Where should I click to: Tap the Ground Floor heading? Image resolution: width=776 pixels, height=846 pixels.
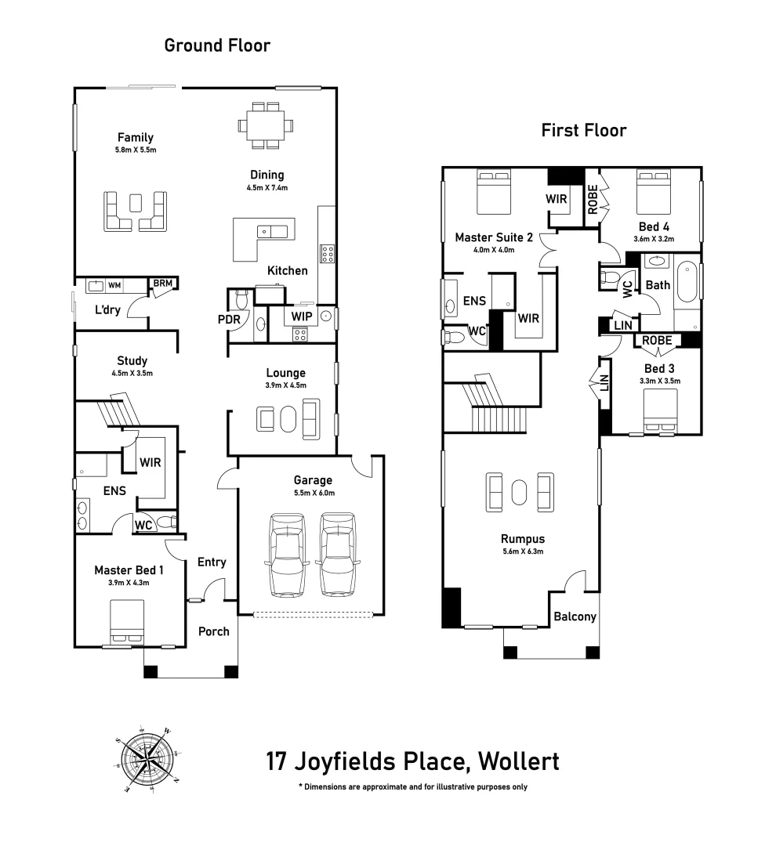pos(217,45)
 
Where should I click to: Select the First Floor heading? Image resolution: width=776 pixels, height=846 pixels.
pos(584,130)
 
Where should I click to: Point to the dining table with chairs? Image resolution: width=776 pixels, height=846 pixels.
pos(266,125)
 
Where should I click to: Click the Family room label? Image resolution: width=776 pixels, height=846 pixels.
pos(136,137)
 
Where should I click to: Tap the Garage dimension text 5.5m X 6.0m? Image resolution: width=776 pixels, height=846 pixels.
pos(313,493)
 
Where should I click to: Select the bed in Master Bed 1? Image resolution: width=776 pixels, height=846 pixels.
pos(126,622)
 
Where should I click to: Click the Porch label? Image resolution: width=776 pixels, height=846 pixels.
pos(213,631)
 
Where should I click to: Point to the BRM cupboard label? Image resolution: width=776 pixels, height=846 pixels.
pos(163,283)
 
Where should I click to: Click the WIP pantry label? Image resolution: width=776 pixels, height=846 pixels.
pos(302,316)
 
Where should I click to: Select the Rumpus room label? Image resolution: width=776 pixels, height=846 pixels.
pos(522,539)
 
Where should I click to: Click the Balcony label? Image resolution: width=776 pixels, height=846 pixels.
pos(575,616)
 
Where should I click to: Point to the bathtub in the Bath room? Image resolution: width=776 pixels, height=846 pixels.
pos(687,282)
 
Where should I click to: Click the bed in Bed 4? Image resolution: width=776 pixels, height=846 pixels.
pos(652,193)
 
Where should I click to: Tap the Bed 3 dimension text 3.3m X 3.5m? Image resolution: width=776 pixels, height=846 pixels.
pos(659,381)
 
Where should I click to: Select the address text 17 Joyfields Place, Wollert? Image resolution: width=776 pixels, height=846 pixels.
pos(412,761)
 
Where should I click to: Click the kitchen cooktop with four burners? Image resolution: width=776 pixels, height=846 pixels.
pos(327,253)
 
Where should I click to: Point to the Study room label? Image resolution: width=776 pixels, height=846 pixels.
pos(132,361)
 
